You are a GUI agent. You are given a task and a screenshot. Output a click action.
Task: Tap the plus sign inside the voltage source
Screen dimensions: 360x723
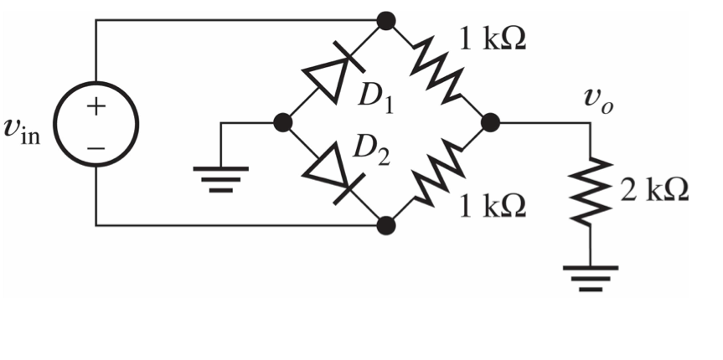tap(96, 106)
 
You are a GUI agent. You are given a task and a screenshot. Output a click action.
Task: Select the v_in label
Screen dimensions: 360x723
tap(28, 134)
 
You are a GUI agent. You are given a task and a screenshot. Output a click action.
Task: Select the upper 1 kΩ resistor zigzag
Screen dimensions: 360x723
tap(437, 71)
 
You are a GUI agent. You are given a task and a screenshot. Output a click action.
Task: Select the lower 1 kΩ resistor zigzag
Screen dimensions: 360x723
tap(437, 174)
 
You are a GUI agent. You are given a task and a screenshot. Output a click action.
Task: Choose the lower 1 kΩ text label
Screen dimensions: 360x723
tap(493, 205)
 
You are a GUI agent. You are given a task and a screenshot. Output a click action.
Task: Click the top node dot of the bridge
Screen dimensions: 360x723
tap(386, 20)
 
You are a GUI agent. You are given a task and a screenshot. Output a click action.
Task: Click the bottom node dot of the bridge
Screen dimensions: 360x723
tap(386, 225)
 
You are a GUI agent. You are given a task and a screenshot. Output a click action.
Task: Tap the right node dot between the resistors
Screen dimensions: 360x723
tap(491, 123)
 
